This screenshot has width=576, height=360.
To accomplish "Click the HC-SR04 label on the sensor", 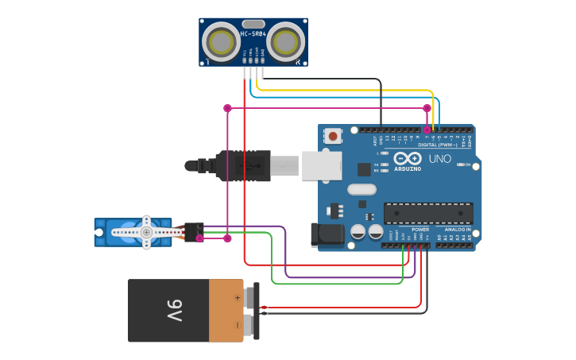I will click(x=253, y=34).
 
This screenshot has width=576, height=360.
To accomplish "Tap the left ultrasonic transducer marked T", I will click(x=219, y=42).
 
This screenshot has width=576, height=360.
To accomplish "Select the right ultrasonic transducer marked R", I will click(x=285, y=42).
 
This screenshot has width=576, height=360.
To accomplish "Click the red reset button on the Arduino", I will click(x=333, y=136).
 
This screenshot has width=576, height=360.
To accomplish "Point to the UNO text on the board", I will click(x=439, y=159).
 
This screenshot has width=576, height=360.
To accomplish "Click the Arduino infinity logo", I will click(x=408, y=159).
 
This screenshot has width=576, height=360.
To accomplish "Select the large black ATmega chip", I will click(x=428, y=213).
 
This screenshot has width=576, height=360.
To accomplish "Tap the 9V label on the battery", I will click(x=174, y=310).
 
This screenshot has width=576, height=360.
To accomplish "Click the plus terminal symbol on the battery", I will click(x=237, y=298).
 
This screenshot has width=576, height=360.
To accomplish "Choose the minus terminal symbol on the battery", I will click(x=237, y=324).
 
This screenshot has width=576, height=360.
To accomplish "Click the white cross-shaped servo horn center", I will click(x=146, y=232).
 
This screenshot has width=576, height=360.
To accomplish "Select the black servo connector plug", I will click(x=193, y=231).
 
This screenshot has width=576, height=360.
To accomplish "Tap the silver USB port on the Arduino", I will click(x=322, y=165).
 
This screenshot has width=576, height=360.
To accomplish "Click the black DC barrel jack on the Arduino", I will click(x=326, y=234).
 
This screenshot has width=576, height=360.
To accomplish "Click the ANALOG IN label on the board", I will click(x=457, y=230).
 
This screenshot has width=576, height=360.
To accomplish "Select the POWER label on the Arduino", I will click(x=420, y=230).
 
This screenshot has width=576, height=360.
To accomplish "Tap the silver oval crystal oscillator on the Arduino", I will click(x=361, y=189).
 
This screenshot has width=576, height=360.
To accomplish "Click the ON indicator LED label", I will click(x=468, y=165).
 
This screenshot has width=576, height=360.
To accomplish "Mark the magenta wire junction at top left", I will click(x=227, y=108).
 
